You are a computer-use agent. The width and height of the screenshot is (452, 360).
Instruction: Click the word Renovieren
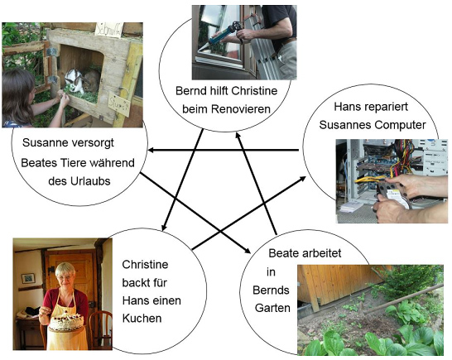point(240,109)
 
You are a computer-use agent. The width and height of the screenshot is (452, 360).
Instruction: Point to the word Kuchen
point(142,319)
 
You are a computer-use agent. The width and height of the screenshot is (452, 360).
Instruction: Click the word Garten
point(272,308)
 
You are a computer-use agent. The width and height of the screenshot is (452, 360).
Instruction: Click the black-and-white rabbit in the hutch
point(74,81)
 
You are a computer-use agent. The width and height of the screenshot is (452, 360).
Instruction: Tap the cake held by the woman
point(66,321)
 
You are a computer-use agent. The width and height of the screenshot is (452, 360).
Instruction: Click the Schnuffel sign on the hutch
point(108,31)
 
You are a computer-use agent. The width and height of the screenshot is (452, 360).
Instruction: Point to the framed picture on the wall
point(28,278)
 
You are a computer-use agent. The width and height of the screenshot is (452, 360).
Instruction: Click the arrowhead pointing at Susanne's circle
point(151,150)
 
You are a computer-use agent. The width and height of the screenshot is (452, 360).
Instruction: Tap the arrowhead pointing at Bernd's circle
point(238,137)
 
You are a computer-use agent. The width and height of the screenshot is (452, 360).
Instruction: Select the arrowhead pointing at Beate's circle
point(247,250)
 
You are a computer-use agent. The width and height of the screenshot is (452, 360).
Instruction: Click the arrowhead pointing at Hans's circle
point(302,179)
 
